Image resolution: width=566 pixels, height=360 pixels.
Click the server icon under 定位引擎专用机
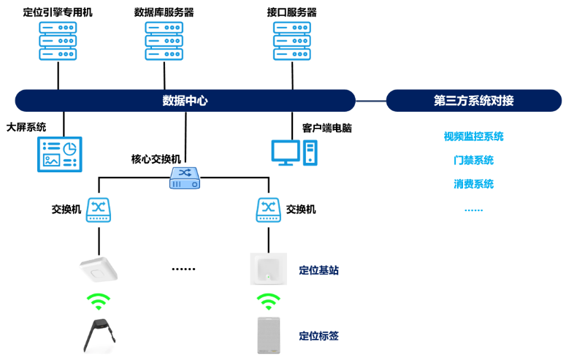[57, 40]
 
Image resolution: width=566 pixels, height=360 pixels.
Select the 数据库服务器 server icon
[164, 40]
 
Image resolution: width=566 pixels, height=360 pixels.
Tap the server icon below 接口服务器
[292, 40]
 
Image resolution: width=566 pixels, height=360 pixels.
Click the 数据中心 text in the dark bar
[184, 101]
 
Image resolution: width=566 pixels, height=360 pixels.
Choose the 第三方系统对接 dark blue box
[473, 101]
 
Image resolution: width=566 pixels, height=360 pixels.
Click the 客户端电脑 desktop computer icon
[294, 152]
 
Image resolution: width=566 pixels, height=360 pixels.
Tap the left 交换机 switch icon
[99, 210]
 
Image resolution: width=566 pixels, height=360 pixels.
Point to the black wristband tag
[99, 337]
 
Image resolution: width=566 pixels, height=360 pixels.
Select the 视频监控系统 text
[473, 137]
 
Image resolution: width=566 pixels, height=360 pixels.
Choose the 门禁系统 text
[473, 160]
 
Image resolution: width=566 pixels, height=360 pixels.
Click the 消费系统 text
[473, 183]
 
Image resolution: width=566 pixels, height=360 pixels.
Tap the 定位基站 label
[318, 270]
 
